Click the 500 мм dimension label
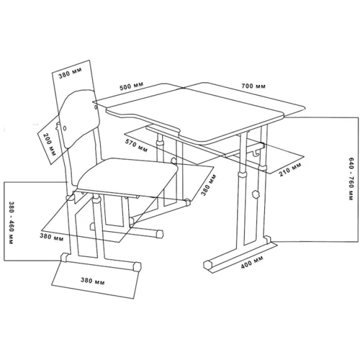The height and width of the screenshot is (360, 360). pyautogui.click(x=132, y=86)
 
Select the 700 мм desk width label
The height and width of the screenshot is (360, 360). pyautogui.click(x=253, y=86)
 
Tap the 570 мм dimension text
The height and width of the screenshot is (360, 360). pyautogui.click(x=136, y=145)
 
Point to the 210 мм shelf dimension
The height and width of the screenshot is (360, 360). pyautogui.click(x=290, y=169)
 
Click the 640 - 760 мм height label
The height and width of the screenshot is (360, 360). pyautogui.click(x=350, y=179)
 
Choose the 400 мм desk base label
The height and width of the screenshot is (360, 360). pyautogui.click(x=252, y=262)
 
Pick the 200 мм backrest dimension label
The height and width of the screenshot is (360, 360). pyautogui.click(x=49, y=145)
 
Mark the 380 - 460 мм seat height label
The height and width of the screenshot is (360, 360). pyautogui.click(x=11, y=222)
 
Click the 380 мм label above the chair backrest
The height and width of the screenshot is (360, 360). pyautogui.click(x=71, y=73)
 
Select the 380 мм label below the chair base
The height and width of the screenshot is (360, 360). pyautogui.click(x=92, y=281)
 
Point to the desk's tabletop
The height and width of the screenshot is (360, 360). pyautogui.click(x=206, y=112)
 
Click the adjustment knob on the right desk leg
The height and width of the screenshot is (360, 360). pyautogui.click(x=255, y=194)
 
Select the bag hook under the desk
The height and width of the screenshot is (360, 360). pyautogui.click(x=256, y=153)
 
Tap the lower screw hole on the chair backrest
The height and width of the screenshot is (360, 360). pyautogui.click(x=65, y=128)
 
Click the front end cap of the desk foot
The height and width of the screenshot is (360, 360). pyautogui.click(x=208, y=265)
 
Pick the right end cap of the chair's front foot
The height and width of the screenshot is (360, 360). pyautogui.click(x=137, y=266)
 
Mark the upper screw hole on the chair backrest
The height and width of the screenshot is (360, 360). pyautogui.click(x=96, y=107)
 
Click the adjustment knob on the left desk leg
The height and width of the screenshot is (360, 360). pyautogui.click(x=174, y=160)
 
